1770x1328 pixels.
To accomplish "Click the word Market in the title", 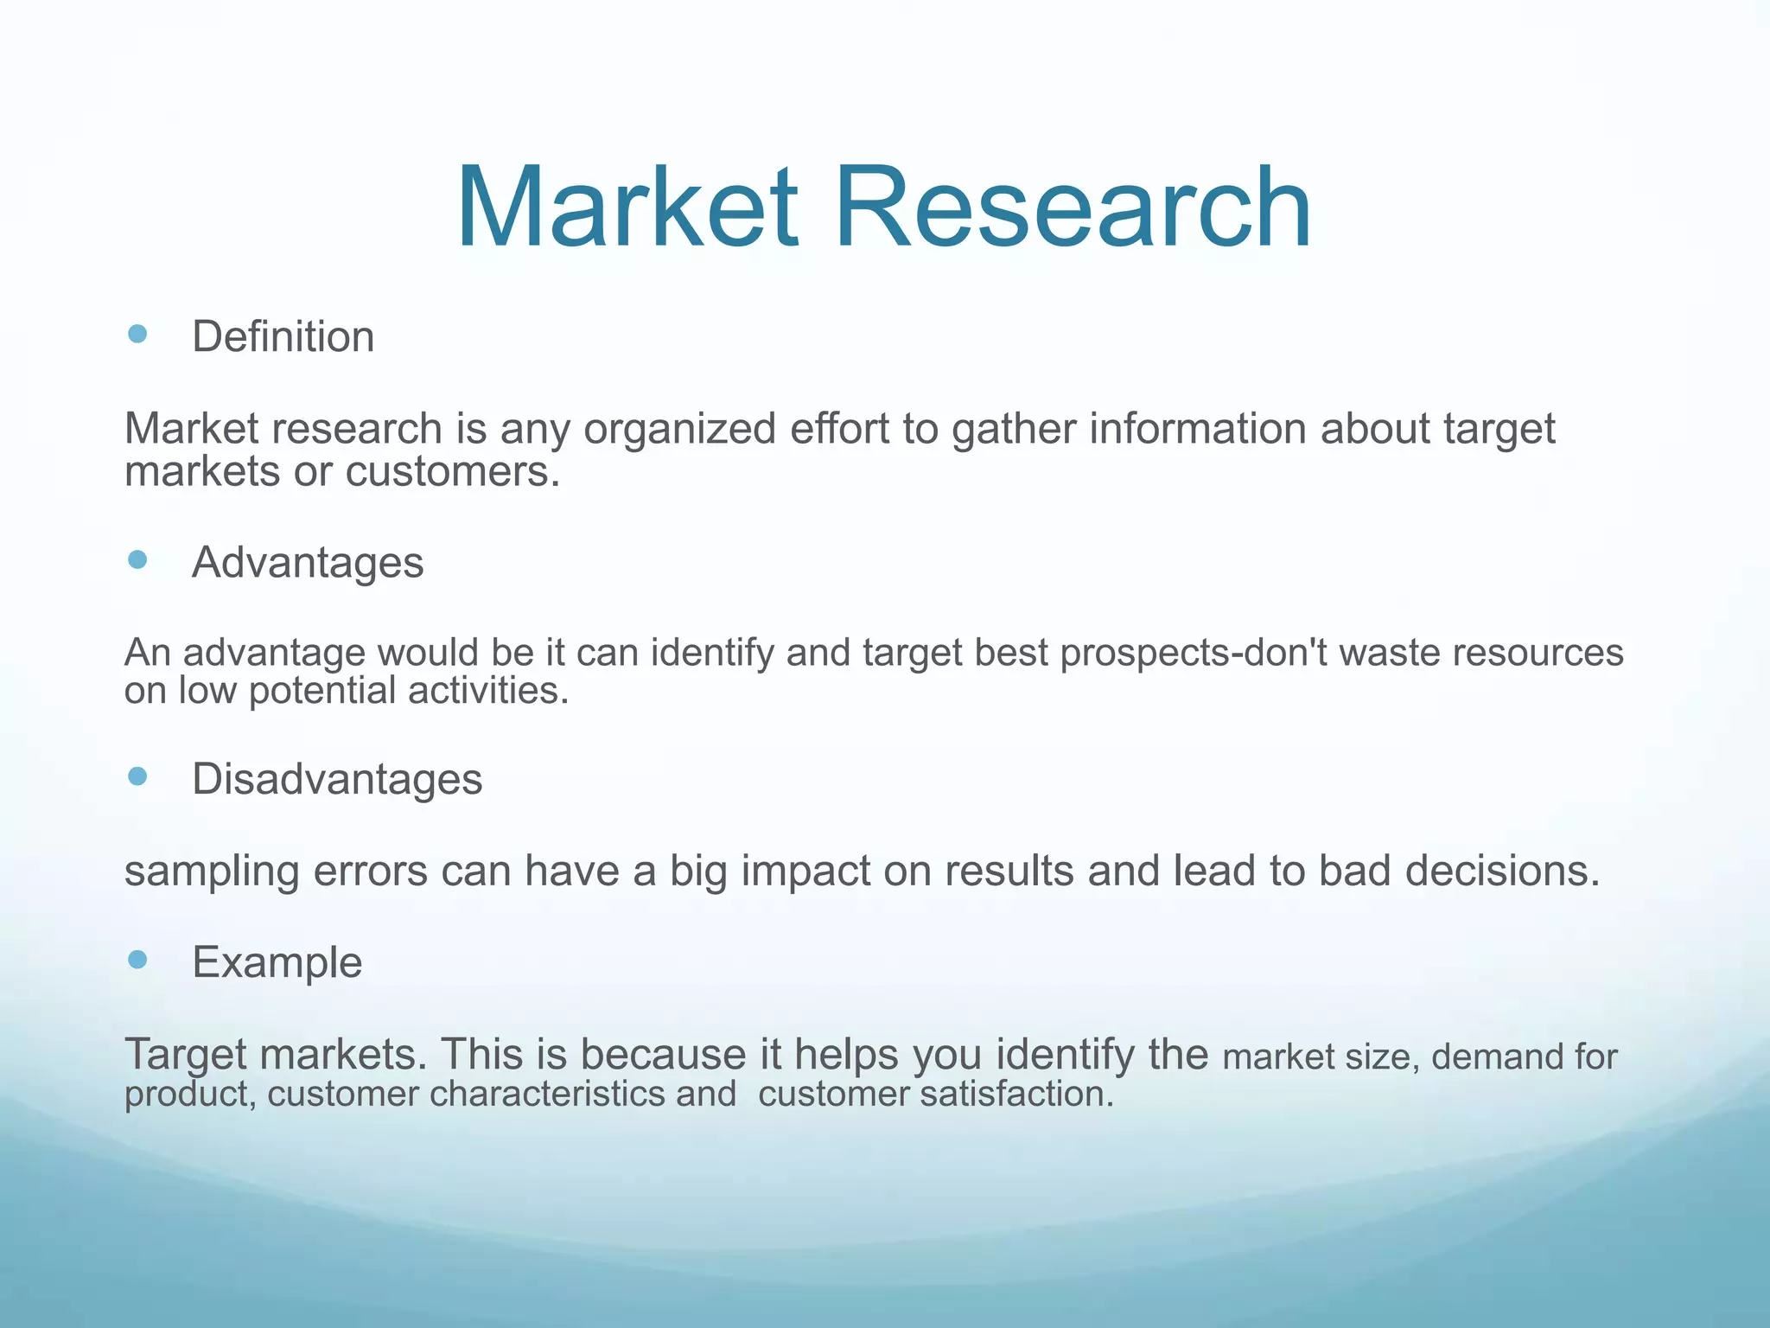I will pos(627,209).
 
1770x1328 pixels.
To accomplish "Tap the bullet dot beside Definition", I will pos(137,334).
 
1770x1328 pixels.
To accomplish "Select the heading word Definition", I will pos(283,337).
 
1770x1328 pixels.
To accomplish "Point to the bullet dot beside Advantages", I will pos(137,560).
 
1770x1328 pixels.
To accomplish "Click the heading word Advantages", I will pos(308,564).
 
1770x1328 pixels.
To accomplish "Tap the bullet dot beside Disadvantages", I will pos(137,776).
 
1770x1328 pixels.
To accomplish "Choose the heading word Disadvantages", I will pos(337,779).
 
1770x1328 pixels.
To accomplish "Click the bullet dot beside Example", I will pos(137,959).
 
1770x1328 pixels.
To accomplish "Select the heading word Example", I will pos(277,963).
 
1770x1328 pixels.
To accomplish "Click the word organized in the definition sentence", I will pos(679,430).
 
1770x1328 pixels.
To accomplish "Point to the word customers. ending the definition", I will pos(453,473).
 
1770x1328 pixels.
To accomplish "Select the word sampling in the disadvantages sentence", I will pos(212,872).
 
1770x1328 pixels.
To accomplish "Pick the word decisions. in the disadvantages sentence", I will pos(1502,871).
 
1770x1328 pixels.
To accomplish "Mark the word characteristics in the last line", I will pos(547,1095).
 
